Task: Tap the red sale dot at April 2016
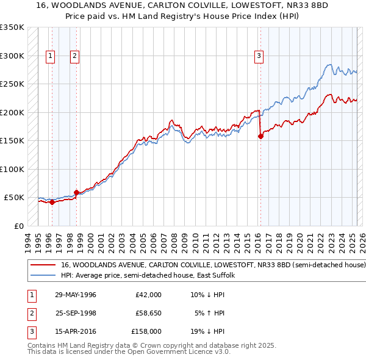[260, 137]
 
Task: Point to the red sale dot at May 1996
[52, 203]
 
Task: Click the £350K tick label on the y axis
[12, 27]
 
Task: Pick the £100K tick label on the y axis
[12, 169]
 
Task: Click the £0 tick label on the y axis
[18, 226]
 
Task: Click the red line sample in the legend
[42, 265]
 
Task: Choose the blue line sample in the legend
[42, 275]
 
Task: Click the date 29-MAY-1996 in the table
[76, 295]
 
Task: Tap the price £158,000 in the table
[146, 331]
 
